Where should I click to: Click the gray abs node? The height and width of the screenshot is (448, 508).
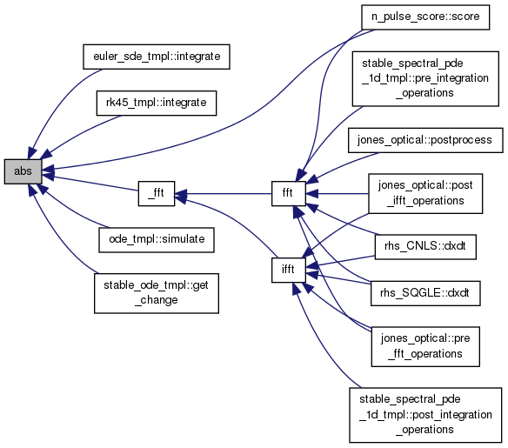[23, 171]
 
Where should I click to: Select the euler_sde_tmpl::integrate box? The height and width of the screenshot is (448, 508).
[157, 57]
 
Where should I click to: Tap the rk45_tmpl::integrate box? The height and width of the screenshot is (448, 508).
[157, 103]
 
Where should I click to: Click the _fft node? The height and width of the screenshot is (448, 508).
[157, 193]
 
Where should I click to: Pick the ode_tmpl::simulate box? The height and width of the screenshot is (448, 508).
[157, 240]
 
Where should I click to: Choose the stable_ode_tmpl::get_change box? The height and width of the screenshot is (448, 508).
[157, 293]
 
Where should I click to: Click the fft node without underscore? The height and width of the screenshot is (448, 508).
[288, 193]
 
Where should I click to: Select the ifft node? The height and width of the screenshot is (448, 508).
[288, 270]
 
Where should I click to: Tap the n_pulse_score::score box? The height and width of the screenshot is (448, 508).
[425, 17]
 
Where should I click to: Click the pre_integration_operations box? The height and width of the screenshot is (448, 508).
[425, 78]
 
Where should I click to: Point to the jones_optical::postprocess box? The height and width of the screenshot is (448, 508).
[425, 140]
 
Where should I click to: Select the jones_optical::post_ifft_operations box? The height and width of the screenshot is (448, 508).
[425, 193]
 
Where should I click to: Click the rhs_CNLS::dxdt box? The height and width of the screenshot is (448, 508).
[425, 247]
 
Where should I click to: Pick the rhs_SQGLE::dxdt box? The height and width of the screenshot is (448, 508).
[425, 293]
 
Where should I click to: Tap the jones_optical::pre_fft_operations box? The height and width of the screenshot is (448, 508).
[425, 346]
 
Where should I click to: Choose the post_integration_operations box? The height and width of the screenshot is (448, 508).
[425, 415]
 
